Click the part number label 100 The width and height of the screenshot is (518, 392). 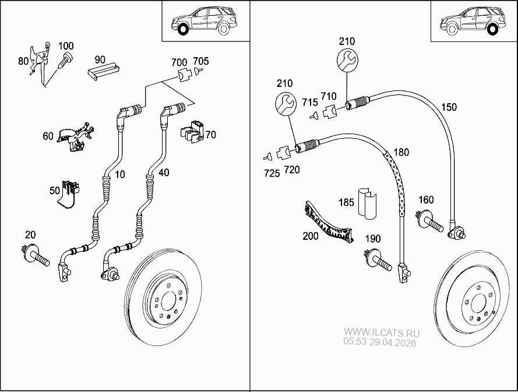[x=66, y=45]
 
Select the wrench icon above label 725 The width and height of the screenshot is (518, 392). [x=285, y=104]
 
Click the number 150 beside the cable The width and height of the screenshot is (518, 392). [x=449, y=107]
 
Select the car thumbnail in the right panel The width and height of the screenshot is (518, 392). [x=473, y=21]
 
